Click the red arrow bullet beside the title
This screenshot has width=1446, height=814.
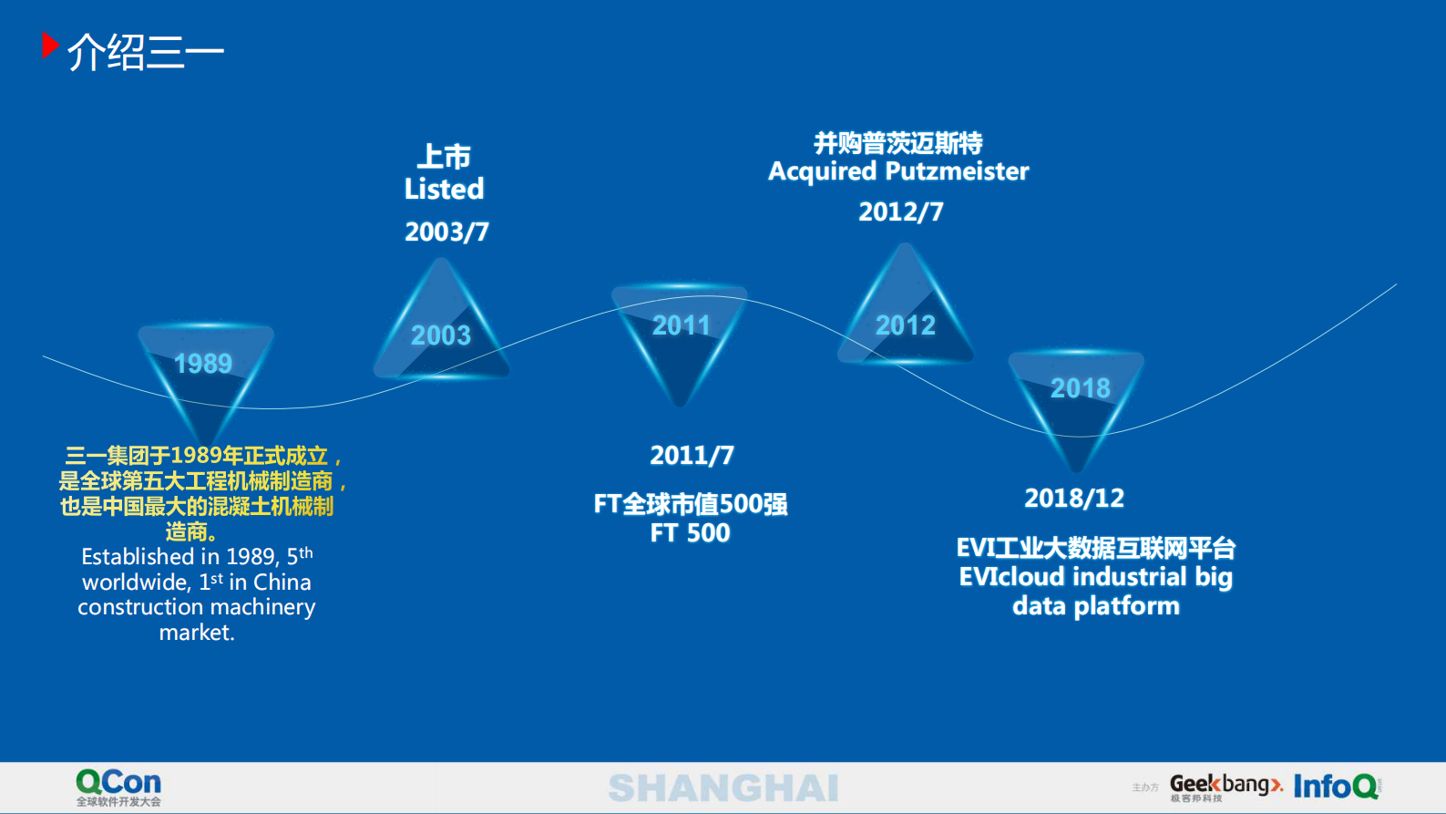(50, 46)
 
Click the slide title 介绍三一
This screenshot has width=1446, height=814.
(146, 52)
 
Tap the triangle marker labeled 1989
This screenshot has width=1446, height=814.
(205, 374)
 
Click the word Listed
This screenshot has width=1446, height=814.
(444, 190)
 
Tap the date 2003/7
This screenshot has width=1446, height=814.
(446, 232)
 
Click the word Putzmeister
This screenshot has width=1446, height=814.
(957, 171)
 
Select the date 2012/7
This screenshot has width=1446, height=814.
(900, 211)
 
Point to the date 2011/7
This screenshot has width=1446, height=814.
(692, 455)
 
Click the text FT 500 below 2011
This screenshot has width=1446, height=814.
(690, 533)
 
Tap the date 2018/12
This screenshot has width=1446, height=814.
(1074, 498)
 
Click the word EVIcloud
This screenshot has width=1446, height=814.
(1011, 577)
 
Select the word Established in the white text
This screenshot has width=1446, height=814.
(137, 557)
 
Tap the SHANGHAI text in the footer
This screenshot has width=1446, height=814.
(723, 788)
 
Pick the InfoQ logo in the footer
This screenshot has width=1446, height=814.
(1336, 787)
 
